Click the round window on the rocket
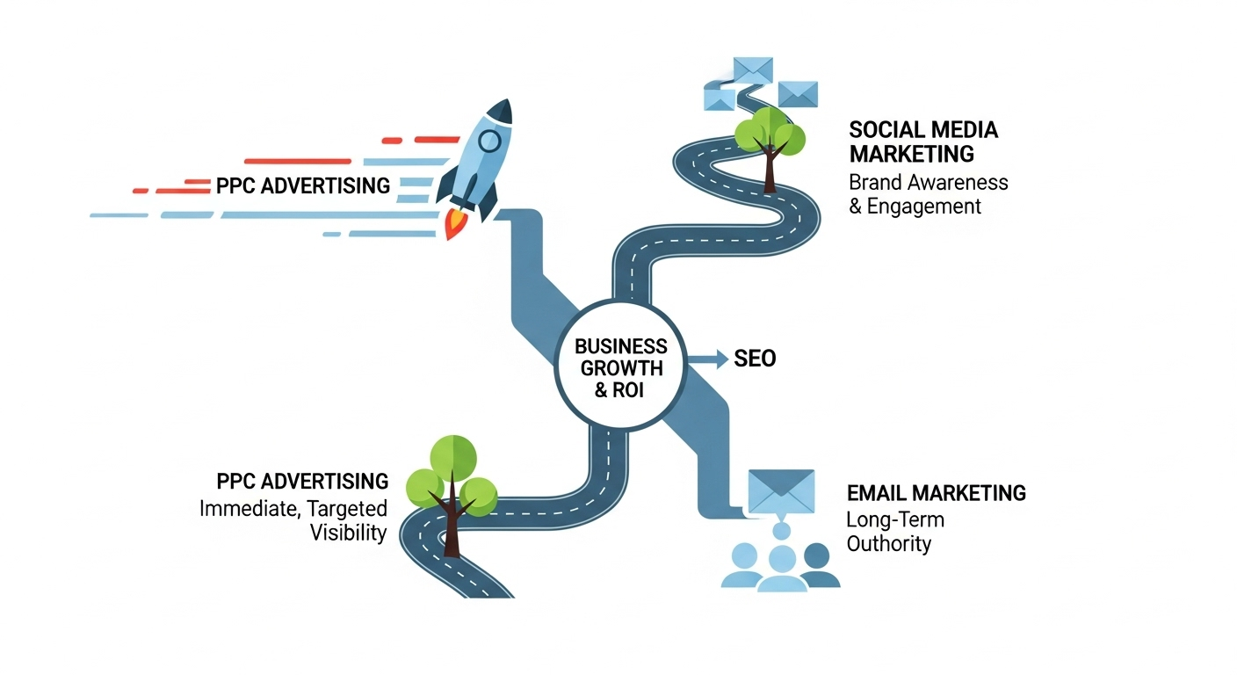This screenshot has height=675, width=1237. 488,140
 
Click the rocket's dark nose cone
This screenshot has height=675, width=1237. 500,112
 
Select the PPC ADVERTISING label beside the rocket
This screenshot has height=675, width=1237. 302,186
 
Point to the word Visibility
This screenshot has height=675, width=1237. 348,533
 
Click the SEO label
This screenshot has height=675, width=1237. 754,359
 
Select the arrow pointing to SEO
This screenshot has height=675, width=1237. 707,359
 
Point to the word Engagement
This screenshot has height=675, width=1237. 924,207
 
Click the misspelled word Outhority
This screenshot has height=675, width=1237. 888,543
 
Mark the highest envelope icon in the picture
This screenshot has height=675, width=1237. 753,69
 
